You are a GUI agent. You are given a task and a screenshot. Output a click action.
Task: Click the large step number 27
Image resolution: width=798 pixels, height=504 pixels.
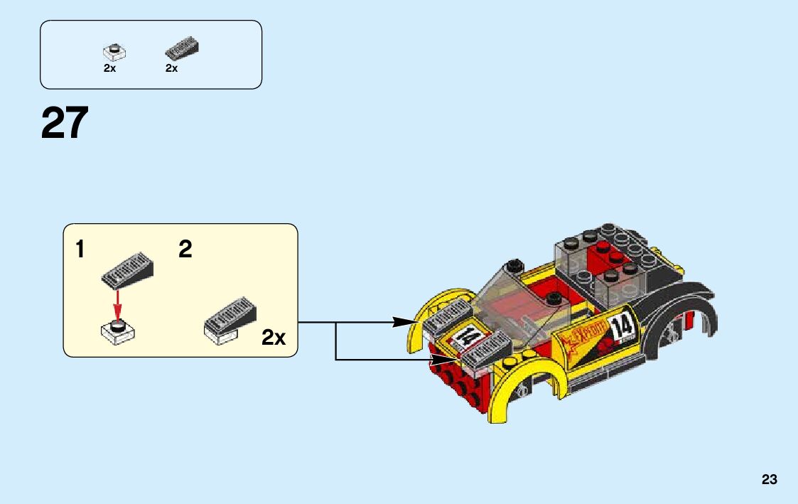pos(65,123)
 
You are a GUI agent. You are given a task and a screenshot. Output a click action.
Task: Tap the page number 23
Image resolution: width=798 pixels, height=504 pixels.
pos(769,480)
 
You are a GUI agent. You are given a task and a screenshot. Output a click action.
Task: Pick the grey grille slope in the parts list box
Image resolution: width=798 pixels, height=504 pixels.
pos(182,49)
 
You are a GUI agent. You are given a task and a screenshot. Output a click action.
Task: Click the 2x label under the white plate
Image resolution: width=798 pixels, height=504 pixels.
pos(109,68)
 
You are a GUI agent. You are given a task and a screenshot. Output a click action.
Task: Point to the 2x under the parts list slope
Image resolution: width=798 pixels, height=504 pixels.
pos(171,68)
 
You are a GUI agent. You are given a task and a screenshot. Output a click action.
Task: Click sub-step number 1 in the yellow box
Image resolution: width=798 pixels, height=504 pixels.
pos(80,250)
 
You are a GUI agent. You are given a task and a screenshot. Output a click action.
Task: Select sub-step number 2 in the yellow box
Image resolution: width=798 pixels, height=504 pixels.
pos(185,250)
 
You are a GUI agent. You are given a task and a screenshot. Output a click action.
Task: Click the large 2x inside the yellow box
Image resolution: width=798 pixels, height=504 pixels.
pos(274,338)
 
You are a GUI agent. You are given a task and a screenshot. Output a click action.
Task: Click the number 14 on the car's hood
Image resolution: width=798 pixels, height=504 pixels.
pos(467,336)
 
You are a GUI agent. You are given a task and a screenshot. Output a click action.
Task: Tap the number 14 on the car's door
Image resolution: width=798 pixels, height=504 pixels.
pos(622,328)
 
